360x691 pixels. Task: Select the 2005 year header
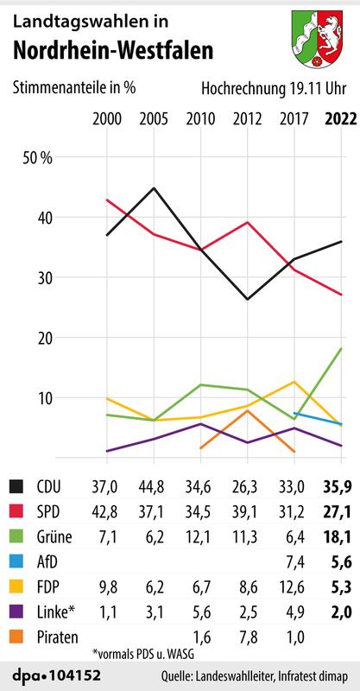coord(153,119)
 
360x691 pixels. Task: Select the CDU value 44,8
coord(153,488)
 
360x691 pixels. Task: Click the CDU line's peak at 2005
coord(153,188)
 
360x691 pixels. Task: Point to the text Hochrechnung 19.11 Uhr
coord(275,88)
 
